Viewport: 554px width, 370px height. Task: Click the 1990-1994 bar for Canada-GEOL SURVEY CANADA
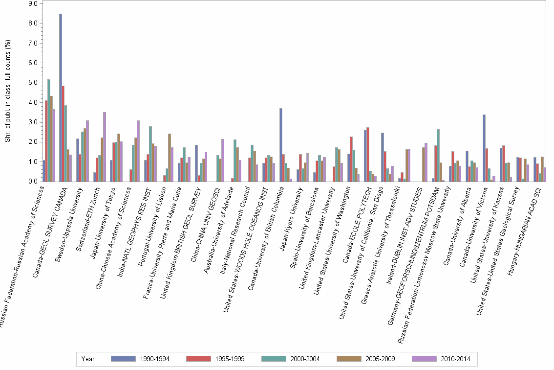(x=61, y=98)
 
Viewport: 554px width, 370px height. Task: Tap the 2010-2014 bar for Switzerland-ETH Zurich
(x=105, y=147)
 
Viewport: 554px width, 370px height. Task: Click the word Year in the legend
(x=88, y=359)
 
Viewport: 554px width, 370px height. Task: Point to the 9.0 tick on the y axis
(x=33, y=4)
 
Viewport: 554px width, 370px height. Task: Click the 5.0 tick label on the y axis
(x=33, y=83)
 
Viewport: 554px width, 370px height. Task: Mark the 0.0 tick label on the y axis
(x=33, y=182)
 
